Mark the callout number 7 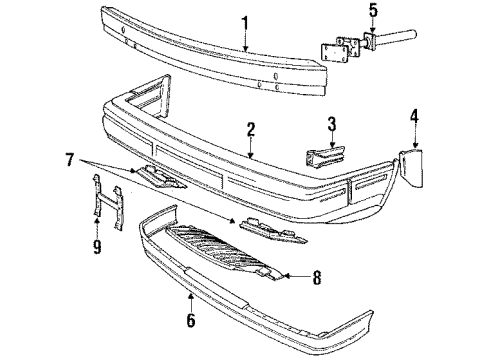click(x=68, y=160)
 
